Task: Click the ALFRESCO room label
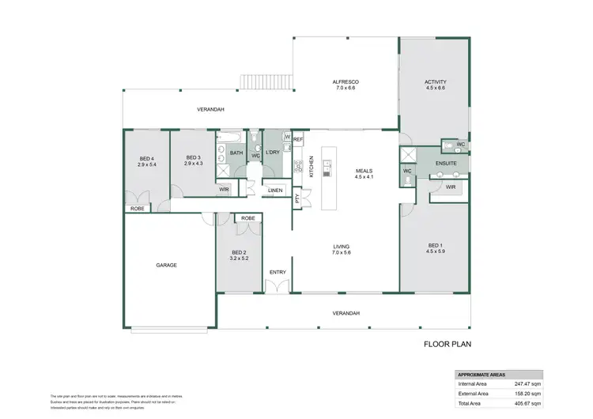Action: coord(346,82)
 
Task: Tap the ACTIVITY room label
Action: coord(435,82)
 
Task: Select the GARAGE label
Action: coord(165,265)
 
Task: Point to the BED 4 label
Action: coord(146,157)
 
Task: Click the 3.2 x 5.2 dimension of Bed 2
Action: coord(239,258)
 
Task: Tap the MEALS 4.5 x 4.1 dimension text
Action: coord(364,177)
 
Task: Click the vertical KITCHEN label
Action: coord(312,168)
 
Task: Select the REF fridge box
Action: coord(297,140)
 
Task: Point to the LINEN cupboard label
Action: coord(274,191)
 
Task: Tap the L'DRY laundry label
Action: coord(273,152)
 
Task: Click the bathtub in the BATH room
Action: coord(230,139)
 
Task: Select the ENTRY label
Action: coord(278,272)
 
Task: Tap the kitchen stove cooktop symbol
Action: coord(299,167)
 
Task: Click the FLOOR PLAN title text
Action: coord(448,345)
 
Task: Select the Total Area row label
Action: coord(471,402)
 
